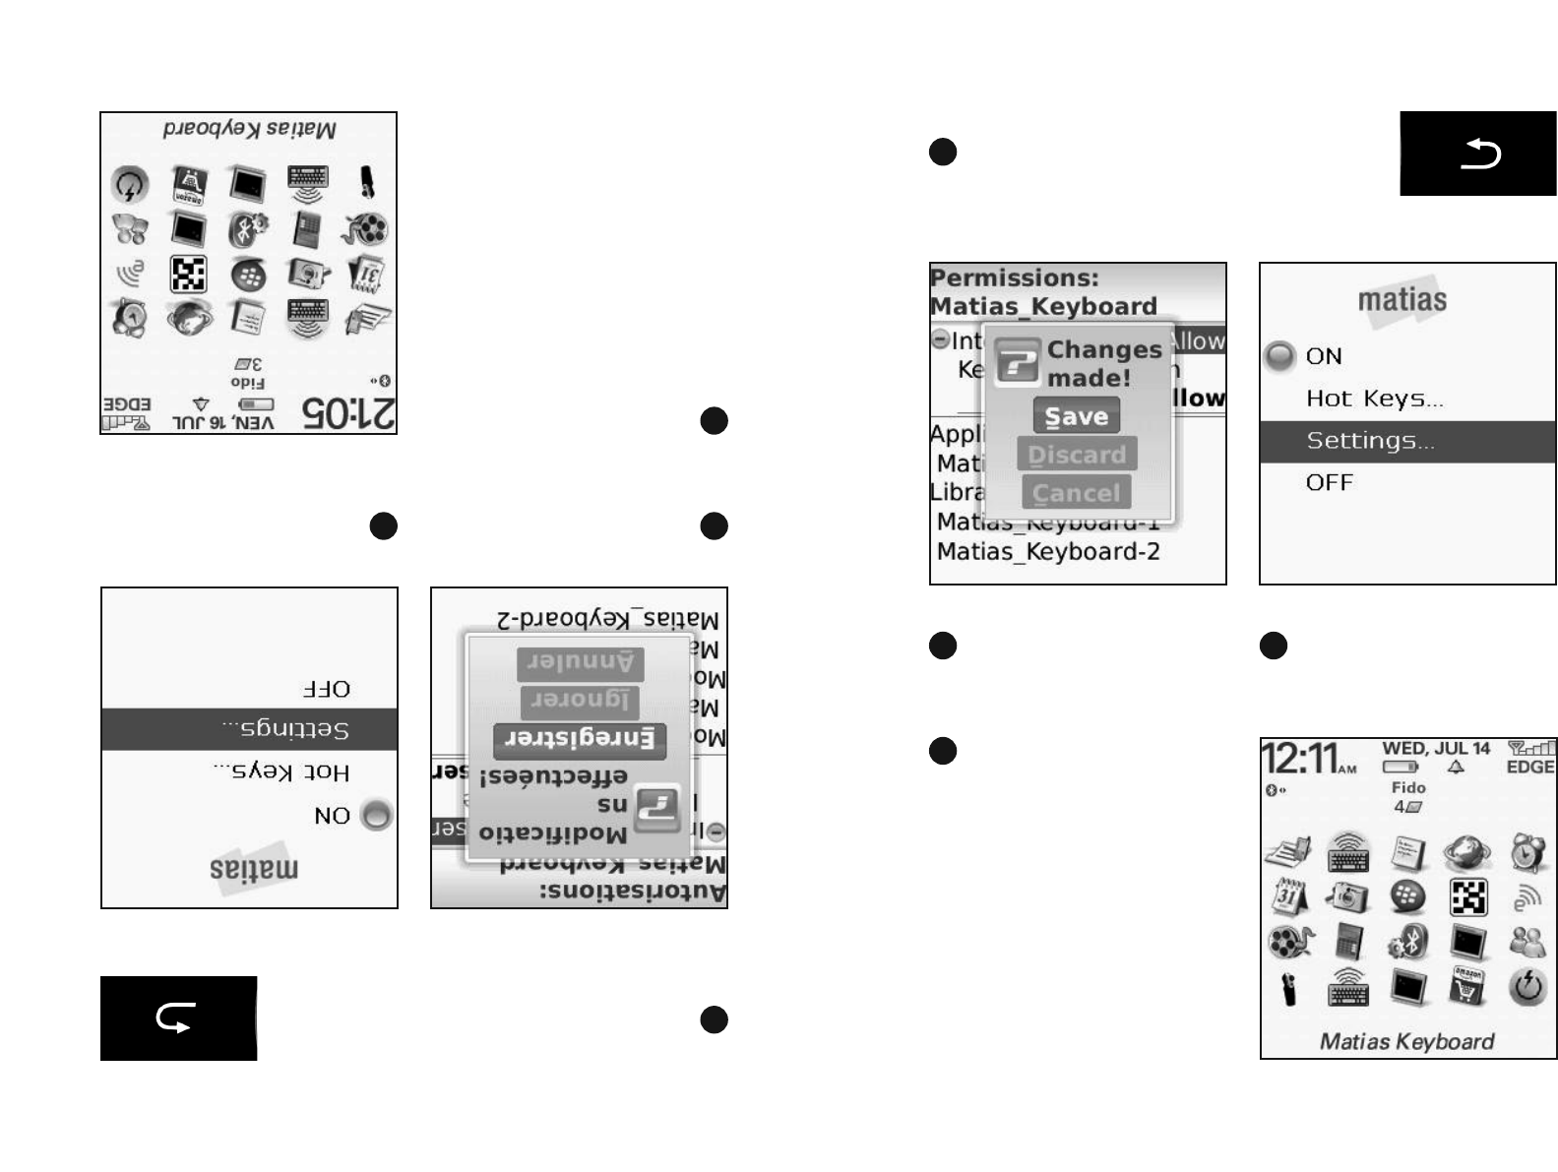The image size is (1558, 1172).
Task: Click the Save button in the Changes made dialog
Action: coord(1076,416)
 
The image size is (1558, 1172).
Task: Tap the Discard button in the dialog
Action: coord(1077,455)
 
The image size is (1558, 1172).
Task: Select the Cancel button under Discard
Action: coord(1076,493)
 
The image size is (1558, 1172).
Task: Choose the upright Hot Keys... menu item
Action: coord(1374,399)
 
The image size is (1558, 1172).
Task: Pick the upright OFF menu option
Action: coord(1330,483)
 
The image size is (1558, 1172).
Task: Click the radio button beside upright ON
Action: coord(1279,356)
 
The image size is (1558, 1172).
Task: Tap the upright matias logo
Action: coord(1402,299)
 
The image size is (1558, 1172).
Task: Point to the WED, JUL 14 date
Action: coord(1436,749)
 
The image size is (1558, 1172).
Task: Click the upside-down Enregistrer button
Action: coord(580,739)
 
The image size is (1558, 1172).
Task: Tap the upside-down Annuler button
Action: coord(581,663)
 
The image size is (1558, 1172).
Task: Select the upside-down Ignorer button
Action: coord(580,702)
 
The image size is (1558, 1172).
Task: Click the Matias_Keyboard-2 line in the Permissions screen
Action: coord(1048,552)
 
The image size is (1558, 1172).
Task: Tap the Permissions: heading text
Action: coord(1015,278)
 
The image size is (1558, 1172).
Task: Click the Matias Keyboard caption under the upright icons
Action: coord(1406,1041)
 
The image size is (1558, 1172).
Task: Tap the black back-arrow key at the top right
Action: coord(1478,154)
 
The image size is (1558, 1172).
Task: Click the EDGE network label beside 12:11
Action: coord(1529,767)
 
